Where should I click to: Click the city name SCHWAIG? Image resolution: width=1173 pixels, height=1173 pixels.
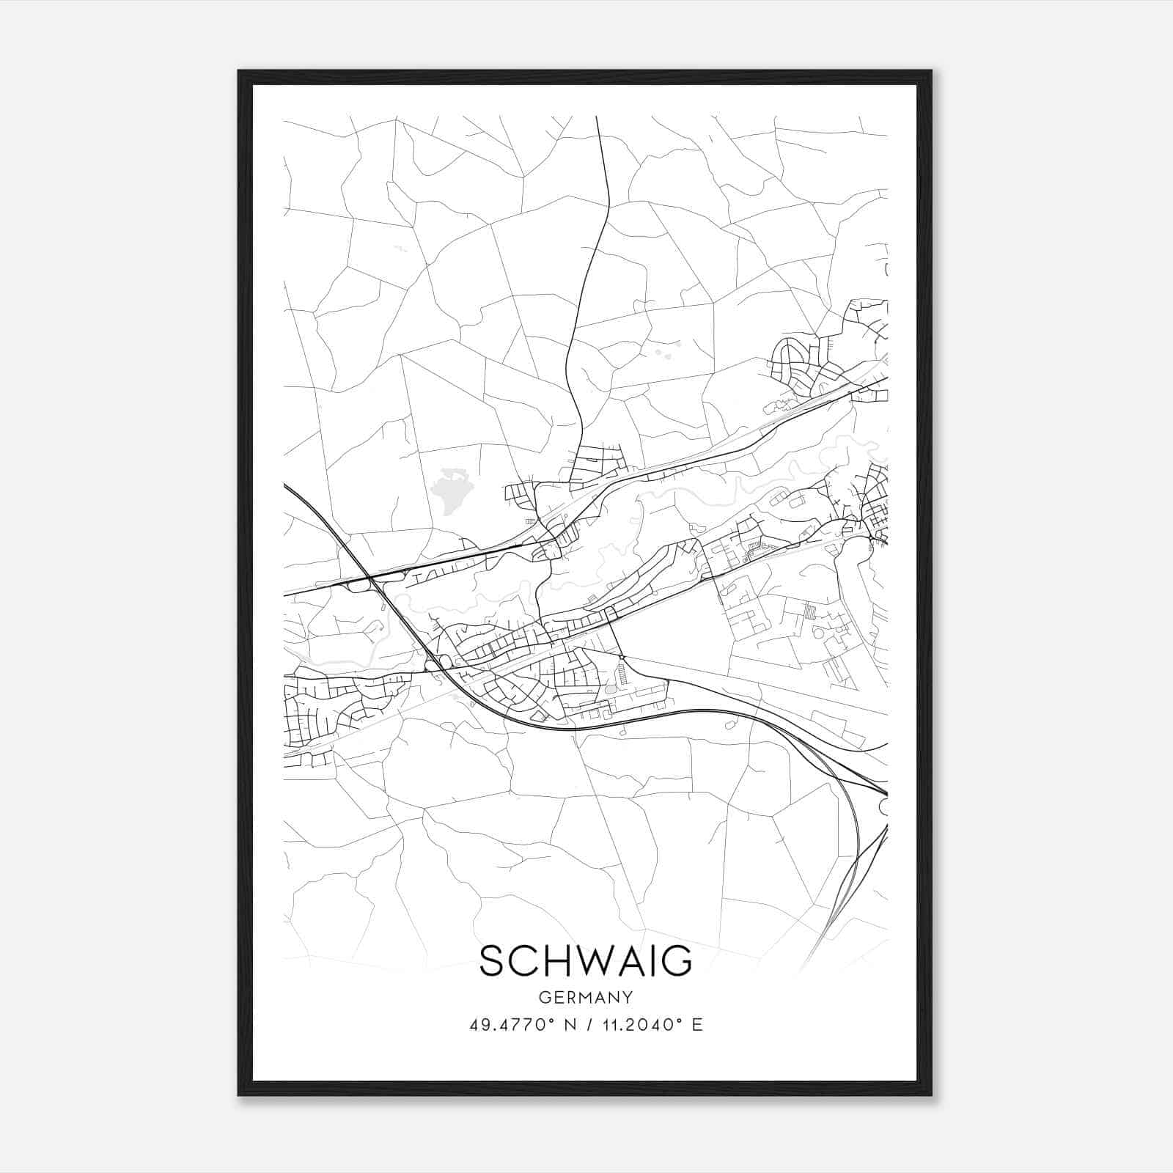pos(585,961)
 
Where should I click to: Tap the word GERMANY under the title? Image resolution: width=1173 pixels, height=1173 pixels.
pos(586,998)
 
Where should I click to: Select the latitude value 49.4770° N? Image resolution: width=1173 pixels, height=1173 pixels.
pos(522,1025)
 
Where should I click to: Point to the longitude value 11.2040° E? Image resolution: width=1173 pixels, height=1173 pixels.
pos(641,1025)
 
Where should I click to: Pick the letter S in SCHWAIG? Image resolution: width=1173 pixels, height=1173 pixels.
pos(493,961)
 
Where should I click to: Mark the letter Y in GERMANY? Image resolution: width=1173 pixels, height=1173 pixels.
pos(628,998)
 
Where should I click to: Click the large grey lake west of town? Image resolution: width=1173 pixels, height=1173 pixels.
pos(449,490)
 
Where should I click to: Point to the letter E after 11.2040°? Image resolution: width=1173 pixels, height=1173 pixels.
pos(696,1025)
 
